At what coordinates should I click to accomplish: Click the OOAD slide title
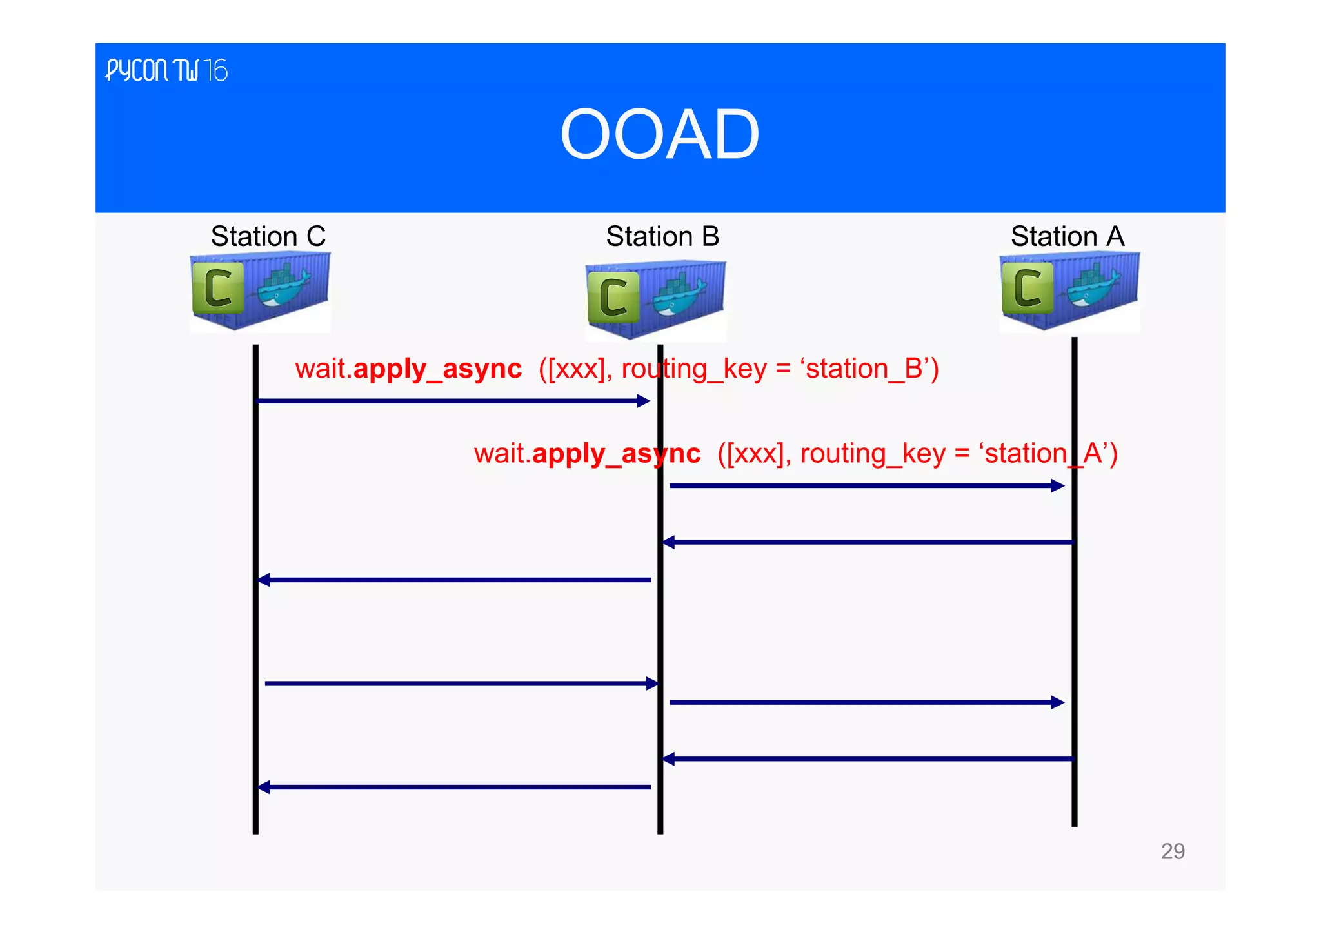click(x=660, y=134)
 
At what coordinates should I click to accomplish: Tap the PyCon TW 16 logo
click(x=166, y=70)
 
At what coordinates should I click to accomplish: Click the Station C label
click(x=268, y=236)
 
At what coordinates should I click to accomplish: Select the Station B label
click(x=662, y=236)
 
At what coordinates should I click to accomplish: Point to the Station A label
click(x=1068, y=236)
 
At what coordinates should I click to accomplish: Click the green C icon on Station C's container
click(x=218, y=288)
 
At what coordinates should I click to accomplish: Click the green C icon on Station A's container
click(x=1027, y=288)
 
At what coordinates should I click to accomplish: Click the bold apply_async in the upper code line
click(x=437, y=369)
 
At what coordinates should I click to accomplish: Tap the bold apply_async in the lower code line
click(x=616, y=453)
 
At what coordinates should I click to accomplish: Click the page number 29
click(x=1172, y=851)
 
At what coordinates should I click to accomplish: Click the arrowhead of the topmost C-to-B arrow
click(x=644, y=401)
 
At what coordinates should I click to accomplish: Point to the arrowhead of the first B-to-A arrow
click(x=1058, y=486)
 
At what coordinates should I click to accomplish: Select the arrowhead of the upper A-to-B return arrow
click(x=669, y=542)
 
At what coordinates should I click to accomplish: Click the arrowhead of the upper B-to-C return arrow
click(x=264, y=580)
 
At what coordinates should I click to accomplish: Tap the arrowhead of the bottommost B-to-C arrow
click(x=264, y=787)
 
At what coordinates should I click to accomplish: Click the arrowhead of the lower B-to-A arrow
click(x=1058, y=702)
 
